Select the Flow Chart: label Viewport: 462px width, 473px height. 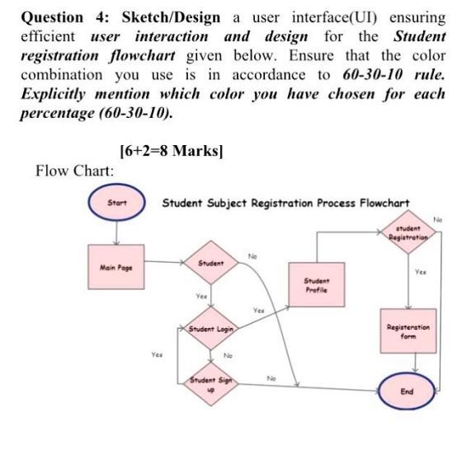(x=76, y=170)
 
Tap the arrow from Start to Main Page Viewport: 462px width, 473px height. (x=118, y=228)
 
